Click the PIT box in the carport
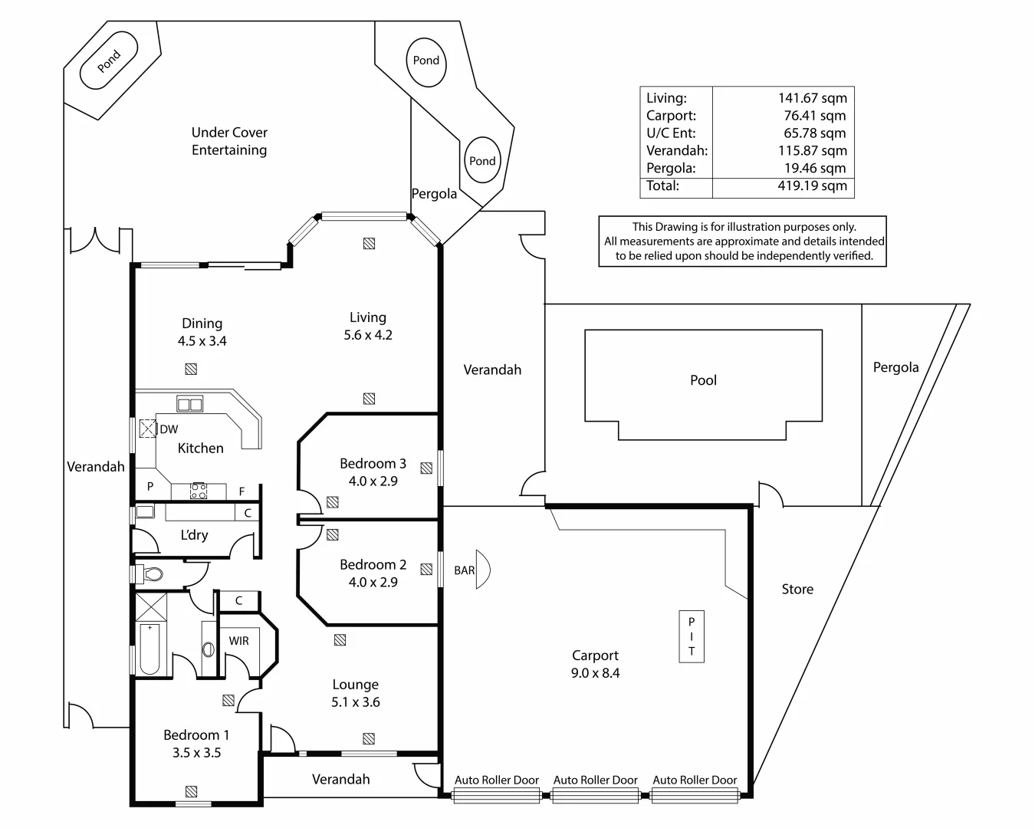point(691,636)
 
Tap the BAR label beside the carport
point(464,570)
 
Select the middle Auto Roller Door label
point(595,780)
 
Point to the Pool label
point(703,380)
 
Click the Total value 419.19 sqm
point(812,186)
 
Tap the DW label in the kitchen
point(169,429)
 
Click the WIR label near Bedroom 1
point(238,641)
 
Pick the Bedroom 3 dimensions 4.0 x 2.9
point(373,481)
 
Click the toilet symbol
point(153,573)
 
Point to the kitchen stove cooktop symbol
point(199,491)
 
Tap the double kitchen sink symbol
point(189,404)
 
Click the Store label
point(797,590)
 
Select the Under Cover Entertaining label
point(229,141)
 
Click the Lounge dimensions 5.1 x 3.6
point(355,702)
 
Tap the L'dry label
point(194,535)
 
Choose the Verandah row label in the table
point(676,151)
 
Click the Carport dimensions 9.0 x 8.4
point(595,673)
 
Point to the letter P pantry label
point(150,486)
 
